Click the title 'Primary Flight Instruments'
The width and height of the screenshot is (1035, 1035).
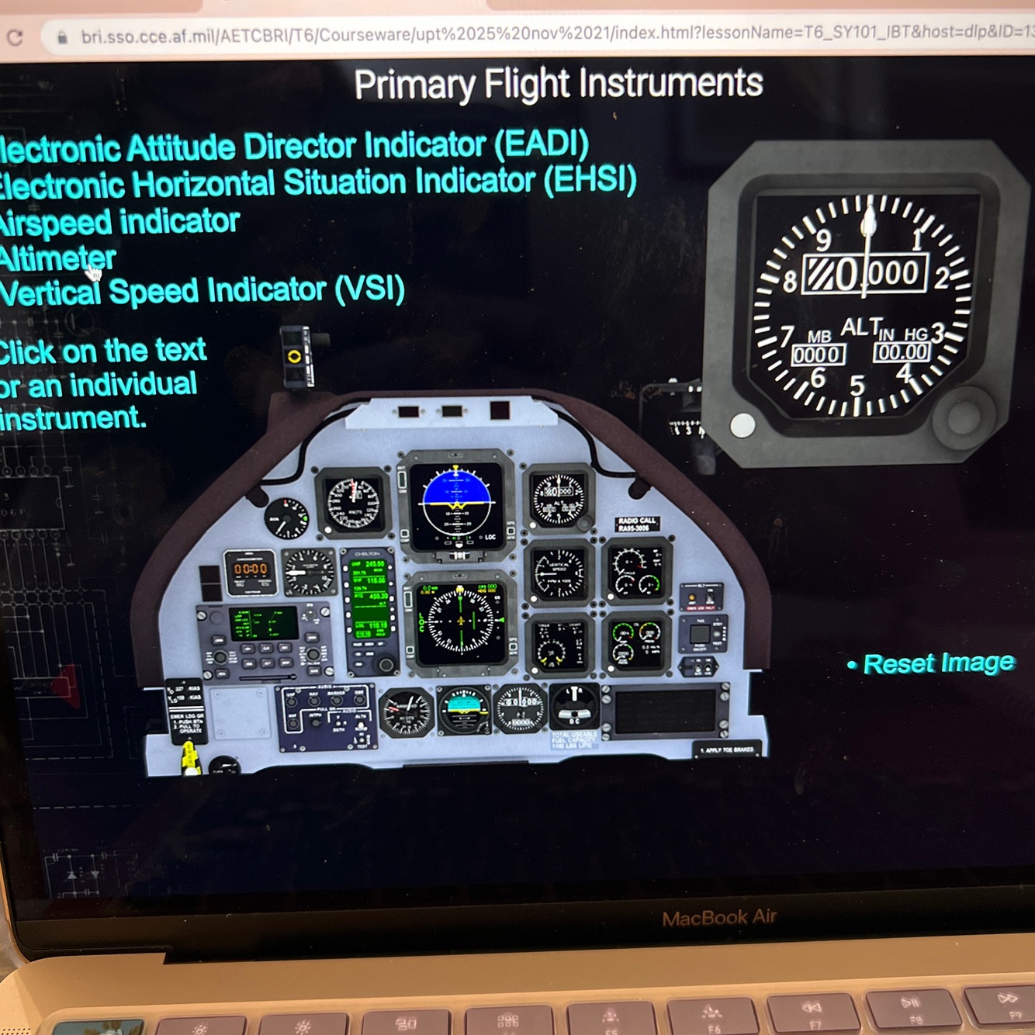pyautogui.click(x=558, y=84)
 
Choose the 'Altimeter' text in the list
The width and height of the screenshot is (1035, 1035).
pyautogui.click(x=57, y=258)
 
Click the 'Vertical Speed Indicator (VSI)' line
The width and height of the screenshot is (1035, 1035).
pyautogui.click(x=202, y=292)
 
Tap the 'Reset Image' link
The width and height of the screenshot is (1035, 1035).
pyautogui.click(x=938, y=663)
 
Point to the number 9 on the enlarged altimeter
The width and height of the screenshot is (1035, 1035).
pyautogui.click(x=822, y=238)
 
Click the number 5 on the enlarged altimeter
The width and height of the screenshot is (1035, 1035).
pyautogui.click(x=857, y=385)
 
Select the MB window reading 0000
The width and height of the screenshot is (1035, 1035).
pyautogui.click(x=817, y=355)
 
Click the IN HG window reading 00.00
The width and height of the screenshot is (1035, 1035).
pyautogui.click(x=902, y=352)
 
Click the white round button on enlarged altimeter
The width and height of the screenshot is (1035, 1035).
pyautogui.click(x=742, y=425)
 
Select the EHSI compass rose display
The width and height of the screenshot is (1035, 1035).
pyautogui.click(x=461, y=621)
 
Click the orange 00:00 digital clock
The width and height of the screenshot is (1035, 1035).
pyautogui.click(x=251, y=569)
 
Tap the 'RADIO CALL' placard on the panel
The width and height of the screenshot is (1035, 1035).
pyautogui.click(x=637, y=524)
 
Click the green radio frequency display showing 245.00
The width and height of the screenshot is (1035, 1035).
pyautogui.click(x=369, y=564)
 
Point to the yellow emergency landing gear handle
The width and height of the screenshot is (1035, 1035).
pyautogui.click(x=189, y=758)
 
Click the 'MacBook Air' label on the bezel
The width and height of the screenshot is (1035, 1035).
pyautogui.click(x=719, y=918)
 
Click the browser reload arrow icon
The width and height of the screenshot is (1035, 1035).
pyautogui.click(x=15, y=37)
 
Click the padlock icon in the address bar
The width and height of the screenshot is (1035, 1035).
pyautogui.click(x=62, y=37)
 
